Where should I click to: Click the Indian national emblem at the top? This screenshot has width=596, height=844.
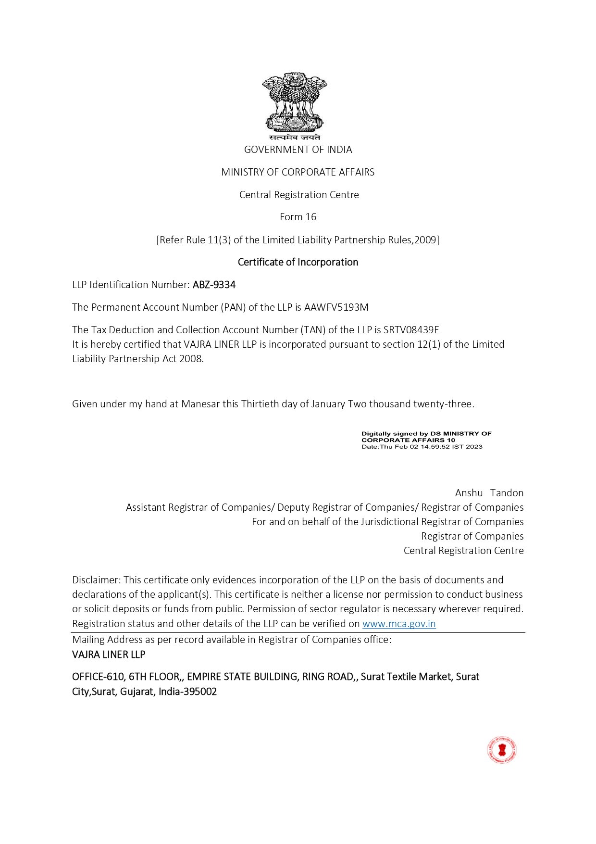pos(295,102)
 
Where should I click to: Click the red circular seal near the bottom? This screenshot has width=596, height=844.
pos(501,750)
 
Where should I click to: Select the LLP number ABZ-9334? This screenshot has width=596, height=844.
pos(214,285)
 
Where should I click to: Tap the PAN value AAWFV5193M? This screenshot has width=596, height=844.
pos(336,307)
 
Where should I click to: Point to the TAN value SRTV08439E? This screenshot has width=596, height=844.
pos(411,330)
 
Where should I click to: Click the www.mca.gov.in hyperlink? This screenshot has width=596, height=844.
pos(399,624)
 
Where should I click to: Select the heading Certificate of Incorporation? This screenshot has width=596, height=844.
pos(298,262)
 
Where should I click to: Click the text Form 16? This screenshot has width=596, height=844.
pos(298,217)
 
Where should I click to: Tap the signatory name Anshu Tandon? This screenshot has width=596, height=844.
pos(489,493)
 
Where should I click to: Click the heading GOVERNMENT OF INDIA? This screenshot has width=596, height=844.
pos(298,150)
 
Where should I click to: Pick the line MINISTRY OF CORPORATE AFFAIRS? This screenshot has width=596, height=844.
pos(298,172)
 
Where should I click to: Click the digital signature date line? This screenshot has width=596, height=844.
pos(422,447)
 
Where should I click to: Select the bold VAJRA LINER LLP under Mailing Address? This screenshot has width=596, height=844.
pos(109,655)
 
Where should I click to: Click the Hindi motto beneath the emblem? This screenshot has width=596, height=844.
pos(295,138)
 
